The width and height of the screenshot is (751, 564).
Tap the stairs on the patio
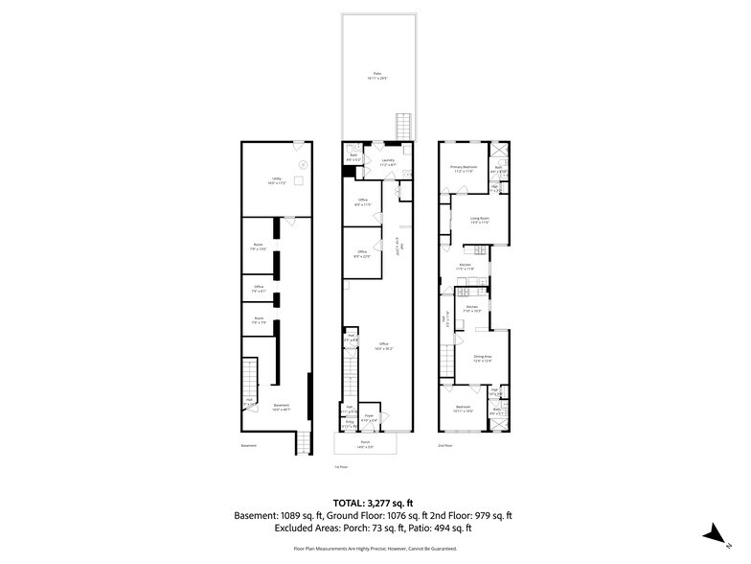click(x=404, y=125)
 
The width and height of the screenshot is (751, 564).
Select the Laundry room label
click(x=387, y=164)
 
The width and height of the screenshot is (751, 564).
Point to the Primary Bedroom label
click(x=464, y=169)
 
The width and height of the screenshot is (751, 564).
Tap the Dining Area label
click(x=482, y=360)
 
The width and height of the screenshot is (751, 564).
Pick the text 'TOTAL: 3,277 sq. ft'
click(x=375, y=502)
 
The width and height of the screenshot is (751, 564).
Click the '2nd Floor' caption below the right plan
click(x=444, y=446)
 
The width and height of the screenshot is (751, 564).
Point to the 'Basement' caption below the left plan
click(x=248, y=446)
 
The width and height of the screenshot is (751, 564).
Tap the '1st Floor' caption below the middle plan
click(x=340, y=467)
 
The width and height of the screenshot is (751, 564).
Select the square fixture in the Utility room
click(x=299, y=179)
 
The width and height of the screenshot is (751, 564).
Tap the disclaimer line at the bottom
click(x=375, y=548)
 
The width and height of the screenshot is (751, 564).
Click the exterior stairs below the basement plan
click(x=302, y=442)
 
